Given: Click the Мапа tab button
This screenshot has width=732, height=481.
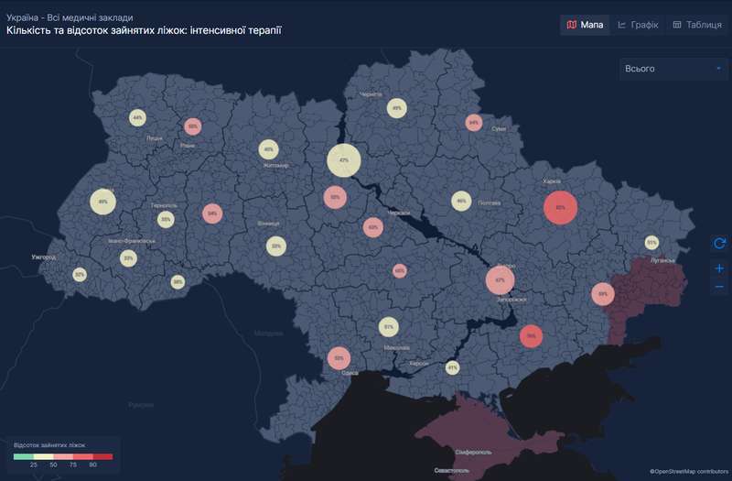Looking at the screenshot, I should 584,25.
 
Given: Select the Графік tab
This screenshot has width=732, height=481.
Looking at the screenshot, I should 638,25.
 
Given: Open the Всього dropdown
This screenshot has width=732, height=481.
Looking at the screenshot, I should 673,69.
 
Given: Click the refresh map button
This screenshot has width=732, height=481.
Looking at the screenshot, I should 719,242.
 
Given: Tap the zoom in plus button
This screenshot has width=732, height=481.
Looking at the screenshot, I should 719,268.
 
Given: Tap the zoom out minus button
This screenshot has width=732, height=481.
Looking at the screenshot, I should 719,287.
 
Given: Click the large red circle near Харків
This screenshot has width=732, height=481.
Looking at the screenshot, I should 560,208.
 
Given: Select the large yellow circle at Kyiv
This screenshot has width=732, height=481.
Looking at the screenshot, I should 344,160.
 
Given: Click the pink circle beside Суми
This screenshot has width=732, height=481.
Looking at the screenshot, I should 473,122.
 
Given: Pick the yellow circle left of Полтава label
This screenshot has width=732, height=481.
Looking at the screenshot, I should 461,202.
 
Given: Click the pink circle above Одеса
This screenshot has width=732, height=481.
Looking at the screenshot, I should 339,358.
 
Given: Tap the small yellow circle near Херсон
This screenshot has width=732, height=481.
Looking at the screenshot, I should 451,368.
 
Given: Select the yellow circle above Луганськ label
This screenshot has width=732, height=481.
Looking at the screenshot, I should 651,243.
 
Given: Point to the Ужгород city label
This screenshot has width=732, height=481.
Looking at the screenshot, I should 43,257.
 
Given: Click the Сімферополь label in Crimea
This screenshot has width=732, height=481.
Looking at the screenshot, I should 455,452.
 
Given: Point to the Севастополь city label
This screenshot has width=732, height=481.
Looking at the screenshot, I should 451,470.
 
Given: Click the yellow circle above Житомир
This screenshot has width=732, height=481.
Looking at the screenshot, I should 268,149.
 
